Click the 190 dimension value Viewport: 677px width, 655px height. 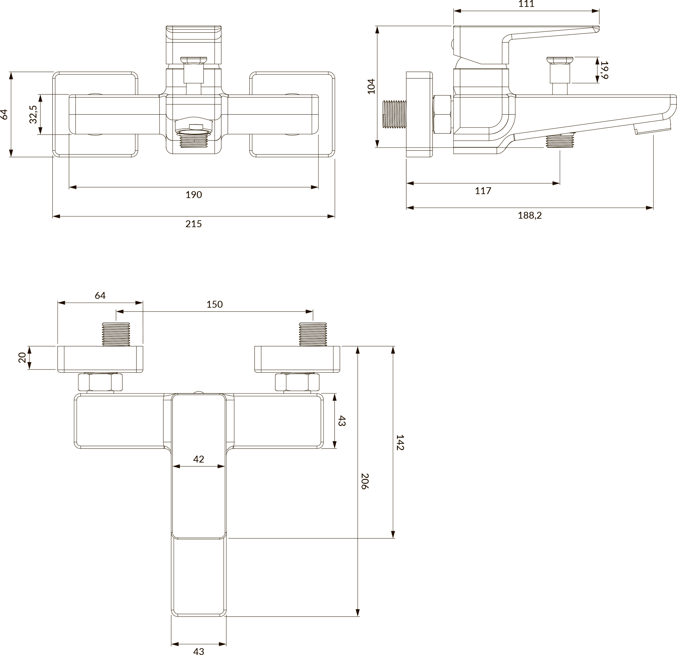click(194, 195)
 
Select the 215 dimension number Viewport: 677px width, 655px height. click(194, 224)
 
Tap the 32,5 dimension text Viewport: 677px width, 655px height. click(33, 114)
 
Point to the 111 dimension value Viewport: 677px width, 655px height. click(526, 4)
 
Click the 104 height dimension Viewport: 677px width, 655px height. click(371, 86)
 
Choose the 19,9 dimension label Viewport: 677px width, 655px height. click(604, 70)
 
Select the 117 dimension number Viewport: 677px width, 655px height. click(483, 191)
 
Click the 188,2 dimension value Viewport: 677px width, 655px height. click(530, 215)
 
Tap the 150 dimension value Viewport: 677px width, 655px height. click(215, 304)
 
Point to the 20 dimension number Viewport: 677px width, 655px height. click(22, 357)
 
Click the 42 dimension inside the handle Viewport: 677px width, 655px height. click(198, 459)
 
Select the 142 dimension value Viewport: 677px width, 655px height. click(400, 442)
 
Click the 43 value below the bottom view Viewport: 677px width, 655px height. click(198, 651)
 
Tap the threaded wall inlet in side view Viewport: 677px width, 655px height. click(394, 114)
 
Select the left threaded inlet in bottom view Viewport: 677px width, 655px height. click(116, 334)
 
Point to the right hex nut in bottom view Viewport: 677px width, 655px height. click(297, 382)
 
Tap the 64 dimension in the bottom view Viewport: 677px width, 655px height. click(100, 296)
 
